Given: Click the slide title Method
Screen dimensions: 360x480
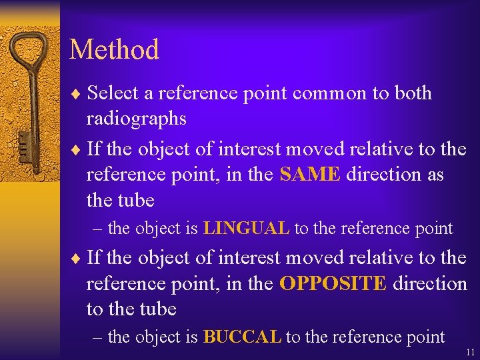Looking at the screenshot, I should coord(114,50).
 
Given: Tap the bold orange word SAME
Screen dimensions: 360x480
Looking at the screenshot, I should coord(310,175).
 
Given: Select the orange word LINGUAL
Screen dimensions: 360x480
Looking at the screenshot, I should coord(246,229).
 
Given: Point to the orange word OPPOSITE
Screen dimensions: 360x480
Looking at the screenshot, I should coord(333,283).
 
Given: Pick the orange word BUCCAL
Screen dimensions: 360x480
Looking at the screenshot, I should coord(242,337).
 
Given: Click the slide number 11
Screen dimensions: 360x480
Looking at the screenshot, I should coord(471,351).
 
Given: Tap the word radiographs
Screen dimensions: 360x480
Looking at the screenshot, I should coord(136,119).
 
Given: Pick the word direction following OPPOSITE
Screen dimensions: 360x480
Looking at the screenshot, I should coord(429,283).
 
